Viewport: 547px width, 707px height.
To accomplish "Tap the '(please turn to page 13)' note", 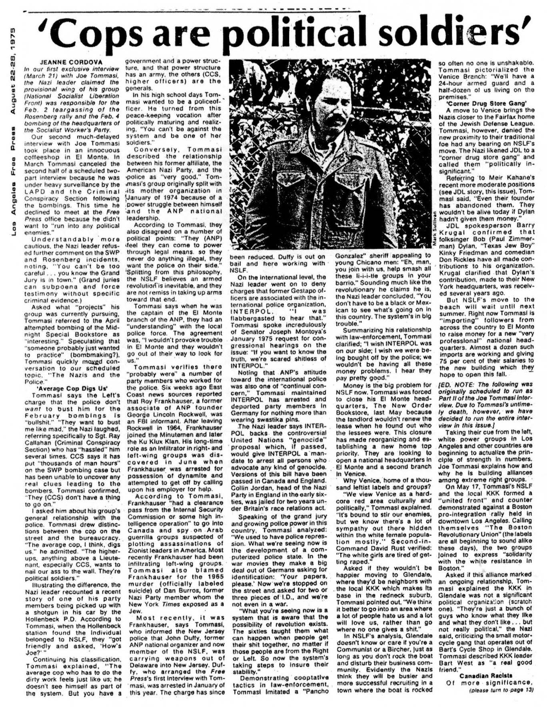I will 502,690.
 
